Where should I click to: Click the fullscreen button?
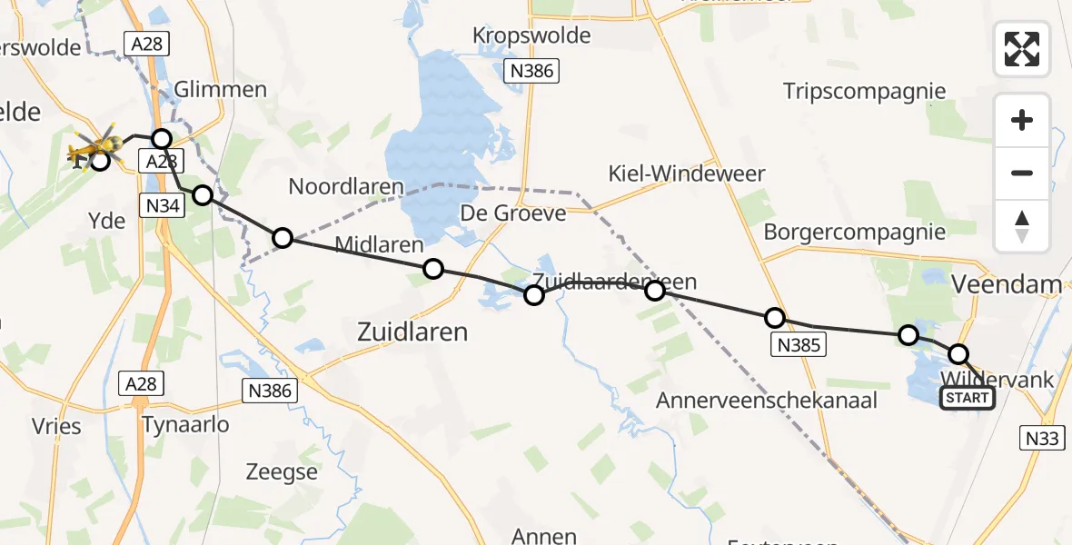click(1022, 49)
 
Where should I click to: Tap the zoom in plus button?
click(1022, 121)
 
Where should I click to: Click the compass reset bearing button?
click(1022, 226)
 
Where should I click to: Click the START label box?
click(967, 398)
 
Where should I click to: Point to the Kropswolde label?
click(531, 36)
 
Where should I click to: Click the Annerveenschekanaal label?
click(767, 400)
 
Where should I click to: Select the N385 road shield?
click(799, 344)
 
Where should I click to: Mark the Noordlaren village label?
click(346, 187)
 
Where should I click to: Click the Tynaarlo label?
click(185, 424)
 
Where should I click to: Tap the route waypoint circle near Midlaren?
click(433, 269)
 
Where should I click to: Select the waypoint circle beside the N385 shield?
click(774, 318)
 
